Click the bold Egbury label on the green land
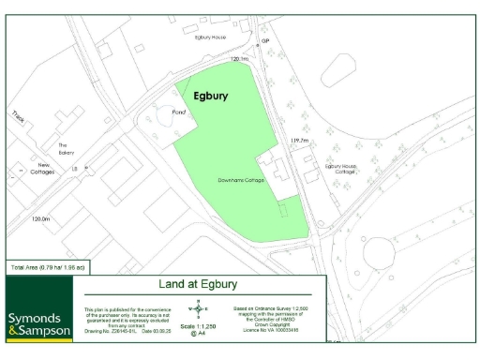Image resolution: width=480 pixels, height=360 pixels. pyautogui.click(x=211, y=95)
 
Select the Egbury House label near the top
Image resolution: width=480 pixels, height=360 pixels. pyautogui.click(x=210, y=37)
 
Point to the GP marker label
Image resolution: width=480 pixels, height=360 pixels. pyautogui.click(x=265, y=42)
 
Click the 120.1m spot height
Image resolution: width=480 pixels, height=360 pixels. pyautogui.click(x=240, y=59)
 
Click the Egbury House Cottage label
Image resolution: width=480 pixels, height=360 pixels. pyautogui.click(x=340, y=169)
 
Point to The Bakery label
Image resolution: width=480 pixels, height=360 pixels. pyautogui.click(x=65, y=149)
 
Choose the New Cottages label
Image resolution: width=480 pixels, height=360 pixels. pyautogui.click(x=42, y=169)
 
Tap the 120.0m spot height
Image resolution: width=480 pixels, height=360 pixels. pyautogui.click(x=40, y=218)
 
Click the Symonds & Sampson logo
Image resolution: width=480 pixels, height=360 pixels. pyautogui.click(x=38, y=322)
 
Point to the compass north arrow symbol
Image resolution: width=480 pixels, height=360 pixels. pyautogui.click(x=198, y=308)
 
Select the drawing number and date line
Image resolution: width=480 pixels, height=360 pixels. pyautogui.click(x=117, y=330)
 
